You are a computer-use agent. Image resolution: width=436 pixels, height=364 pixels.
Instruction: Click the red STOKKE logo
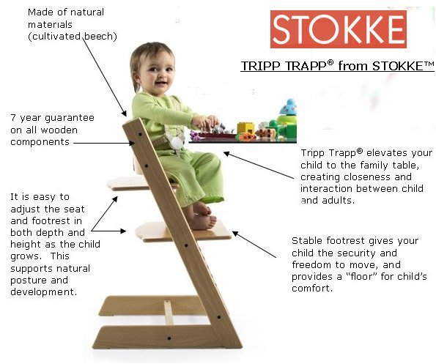[x=339, y=29]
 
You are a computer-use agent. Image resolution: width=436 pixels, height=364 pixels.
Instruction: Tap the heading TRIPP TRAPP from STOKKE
[x=337, y=66]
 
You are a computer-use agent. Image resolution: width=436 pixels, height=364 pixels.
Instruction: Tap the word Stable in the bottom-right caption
[x=308, y=241]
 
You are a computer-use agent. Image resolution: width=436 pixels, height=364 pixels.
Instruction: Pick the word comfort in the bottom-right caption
[x=310, y=289]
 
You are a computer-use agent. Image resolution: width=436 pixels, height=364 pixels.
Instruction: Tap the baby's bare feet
[x=203, y=215]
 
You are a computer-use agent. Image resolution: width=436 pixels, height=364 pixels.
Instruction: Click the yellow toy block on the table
[x=246, y=128]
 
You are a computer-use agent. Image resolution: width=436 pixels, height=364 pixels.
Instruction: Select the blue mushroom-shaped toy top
[x=289, y=107]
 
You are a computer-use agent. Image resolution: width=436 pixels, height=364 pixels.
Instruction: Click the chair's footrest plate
[x=183, y=231]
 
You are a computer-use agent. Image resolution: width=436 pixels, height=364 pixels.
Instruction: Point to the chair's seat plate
[x=142, y=184]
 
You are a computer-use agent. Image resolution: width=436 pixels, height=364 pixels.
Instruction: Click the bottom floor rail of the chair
[x=167, y=337]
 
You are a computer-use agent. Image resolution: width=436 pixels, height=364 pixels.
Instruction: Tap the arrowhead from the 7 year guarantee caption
[x=131, y=143]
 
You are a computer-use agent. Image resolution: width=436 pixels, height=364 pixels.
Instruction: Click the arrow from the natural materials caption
[x=105, y=77]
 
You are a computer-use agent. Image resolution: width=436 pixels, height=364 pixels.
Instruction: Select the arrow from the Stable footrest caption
[x=254, y=244]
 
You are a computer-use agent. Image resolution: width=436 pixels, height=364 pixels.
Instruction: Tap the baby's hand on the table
[x=205, y=122]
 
